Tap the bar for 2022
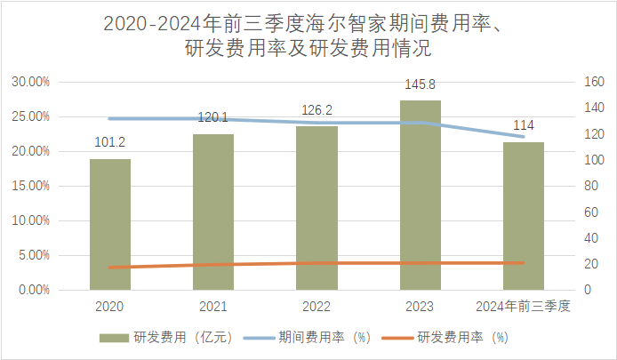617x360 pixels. tap(317, 208)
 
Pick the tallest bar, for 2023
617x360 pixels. tap(420, 195)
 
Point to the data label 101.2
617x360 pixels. tap(110, 142)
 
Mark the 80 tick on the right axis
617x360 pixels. tap(592, 186)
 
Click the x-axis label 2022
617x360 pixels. tap(317, 306)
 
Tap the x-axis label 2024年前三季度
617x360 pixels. tap(523, 306)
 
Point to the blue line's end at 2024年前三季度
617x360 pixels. tap(523, 137)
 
